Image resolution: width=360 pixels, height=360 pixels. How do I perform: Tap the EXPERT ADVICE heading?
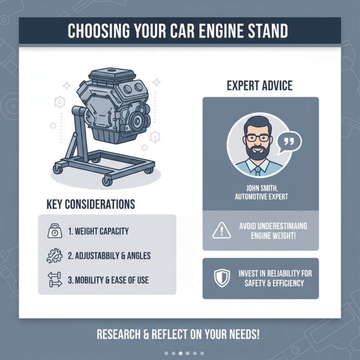(x=260, y=85)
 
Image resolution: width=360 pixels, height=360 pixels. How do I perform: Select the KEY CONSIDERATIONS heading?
(x=90, y=204)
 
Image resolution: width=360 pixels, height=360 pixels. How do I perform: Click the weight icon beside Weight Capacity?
(x=54, y=231)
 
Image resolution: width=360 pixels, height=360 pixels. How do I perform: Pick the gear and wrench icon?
(x=54, y=256)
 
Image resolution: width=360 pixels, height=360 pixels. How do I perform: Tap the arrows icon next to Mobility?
(x=54, y=280)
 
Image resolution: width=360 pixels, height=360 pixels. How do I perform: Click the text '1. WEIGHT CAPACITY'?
(x=98, y=231)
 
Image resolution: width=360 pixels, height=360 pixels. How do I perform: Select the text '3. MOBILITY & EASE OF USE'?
(x=108, y=280)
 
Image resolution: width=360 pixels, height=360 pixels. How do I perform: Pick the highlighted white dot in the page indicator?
(x=180, y=353)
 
